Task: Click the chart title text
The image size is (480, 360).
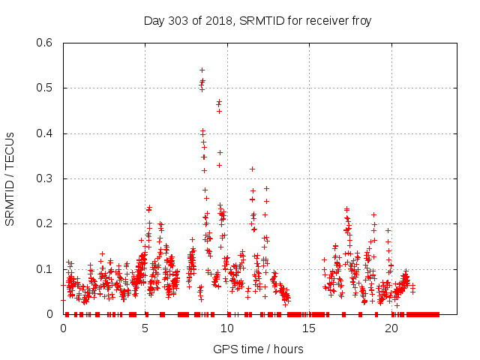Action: tap(257, 20)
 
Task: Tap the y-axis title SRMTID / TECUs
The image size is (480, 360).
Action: tap(10, 178)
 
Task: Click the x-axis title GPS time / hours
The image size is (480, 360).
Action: tap(258, 349)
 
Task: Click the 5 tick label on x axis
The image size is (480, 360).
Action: tap(145, 328)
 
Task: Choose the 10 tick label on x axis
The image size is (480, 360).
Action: tap(227, 328)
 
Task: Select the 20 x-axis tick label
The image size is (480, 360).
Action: tap(391, 328)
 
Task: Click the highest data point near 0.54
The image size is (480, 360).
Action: tap(202, 70)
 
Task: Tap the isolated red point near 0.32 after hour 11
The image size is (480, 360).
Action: tap(252, 169)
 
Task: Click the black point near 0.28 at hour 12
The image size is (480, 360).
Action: tap(266, 188)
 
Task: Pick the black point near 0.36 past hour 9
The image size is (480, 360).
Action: tap(220, 152)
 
